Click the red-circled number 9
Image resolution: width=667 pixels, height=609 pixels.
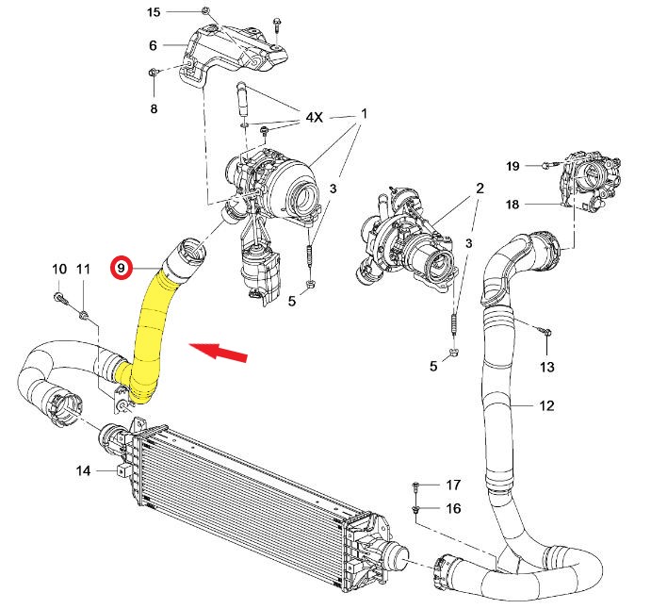121,268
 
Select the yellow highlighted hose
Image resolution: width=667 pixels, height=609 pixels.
153,330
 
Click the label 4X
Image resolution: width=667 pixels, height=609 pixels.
313,118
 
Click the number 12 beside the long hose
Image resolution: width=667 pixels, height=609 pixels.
546,406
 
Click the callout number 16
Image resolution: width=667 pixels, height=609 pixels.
453,509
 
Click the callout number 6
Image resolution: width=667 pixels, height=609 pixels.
153,45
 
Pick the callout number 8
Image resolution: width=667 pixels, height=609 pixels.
154,109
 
